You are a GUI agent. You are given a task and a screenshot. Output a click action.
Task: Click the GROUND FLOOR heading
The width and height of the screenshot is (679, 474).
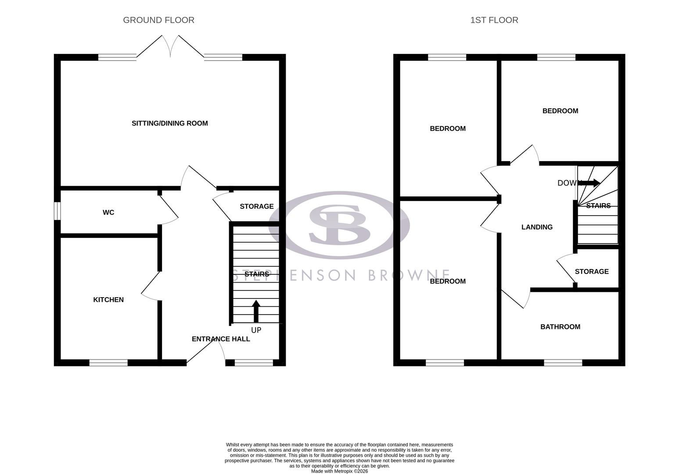(x=158, y=20)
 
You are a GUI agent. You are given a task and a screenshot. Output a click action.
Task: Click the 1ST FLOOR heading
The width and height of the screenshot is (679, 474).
(x=494, y=20)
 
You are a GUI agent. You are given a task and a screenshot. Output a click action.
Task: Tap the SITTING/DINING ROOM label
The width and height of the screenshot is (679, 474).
(x=170, y=123)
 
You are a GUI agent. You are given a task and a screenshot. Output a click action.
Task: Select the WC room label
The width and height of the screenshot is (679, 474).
(x=108, y=212)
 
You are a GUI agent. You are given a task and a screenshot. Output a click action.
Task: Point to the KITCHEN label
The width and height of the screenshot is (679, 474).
(x=108, y=300)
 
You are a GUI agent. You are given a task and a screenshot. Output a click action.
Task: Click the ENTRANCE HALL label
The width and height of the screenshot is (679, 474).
(x=221, y=339)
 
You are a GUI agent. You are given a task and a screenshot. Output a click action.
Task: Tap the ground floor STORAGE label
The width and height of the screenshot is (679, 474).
(x=257, y=206)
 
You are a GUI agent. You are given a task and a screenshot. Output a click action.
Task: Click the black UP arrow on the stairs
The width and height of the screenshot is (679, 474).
(x=256, y=311)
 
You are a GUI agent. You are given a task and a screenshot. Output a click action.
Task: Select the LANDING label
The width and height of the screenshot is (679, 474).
(x=537, y=227)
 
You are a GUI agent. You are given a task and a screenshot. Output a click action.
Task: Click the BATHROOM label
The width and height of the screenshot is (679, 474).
(x=560, y=327)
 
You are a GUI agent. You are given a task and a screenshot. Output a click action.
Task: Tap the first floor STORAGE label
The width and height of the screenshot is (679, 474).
(x=592, y=272)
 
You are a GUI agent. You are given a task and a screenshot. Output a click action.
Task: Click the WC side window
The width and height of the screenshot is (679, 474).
(x=57, y=211)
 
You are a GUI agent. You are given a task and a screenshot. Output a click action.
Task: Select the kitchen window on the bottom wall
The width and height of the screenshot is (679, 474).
(x=108, y=363)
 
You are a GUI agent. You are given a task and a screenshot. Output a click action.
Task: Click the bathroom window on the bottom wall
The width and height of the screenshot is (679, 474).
(x=563, y=363)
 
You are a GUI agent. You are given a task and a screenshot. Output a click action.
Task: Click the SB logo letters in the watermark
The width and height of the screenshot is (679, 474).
(x=339, y=224)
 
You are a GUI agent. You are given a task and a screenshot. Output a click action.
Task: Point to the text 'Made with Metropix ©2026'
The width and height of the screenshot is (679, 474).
(x=339, y=471)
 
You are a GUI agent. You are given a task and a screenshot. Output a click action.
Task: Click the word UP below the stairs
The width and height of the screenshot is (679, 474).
(x=256, y=330)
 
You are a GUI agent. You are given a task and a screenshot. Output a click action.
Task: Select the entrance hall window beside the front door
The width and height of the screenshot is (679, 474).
(x=254, y=363)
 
